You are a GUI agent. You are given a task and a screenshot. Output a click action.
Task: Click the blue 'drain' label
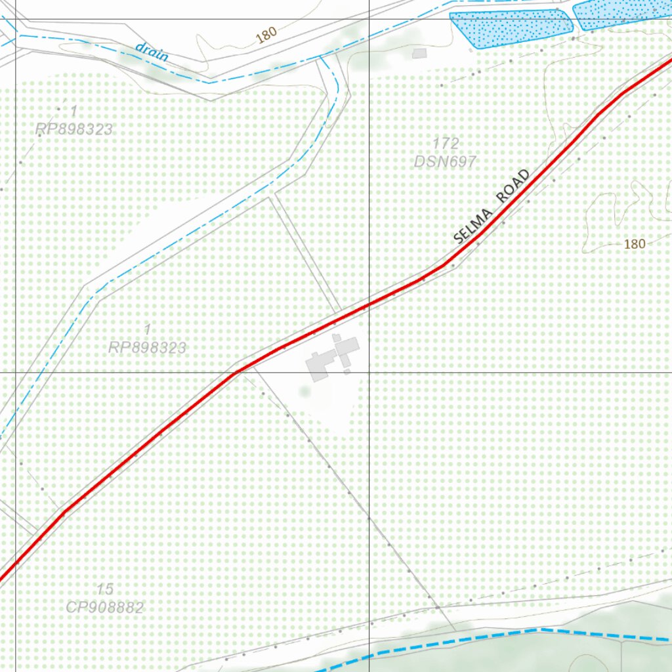pos(152,52)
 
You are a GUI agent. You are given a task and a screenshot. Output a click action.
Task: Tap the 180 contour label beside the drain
pos(266,35)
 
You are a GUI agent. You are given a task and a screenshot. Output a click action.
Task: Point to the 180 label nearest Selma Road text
pos(634,244)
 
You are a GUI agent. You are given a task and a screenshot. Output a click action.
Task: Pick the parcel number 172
pos(446,143)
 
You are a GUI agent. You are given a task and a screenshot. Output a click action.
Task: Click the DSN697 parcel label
pos(445,161)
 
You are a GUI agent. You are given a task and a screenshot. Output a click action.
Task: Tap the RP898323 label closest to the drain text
pos(73,129)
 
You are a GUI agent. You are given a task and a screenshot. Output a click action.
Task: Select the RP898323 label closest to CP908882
pos(147,347)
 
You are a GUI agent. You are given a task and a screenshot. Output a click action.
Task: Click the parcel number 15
pos(104,589)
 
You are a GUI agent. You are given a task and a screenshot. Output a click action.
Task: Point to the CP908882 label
pos(104,607)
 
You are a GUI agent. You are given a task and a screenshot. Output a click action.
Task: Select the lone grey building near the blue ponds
pos(419,53)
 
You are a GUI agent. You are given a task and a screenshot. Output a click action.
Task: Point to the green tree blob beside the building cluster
pos(304,391)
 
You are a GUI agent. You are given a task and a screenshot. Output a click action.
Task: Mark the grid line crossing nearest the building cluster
pos(369,372)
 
